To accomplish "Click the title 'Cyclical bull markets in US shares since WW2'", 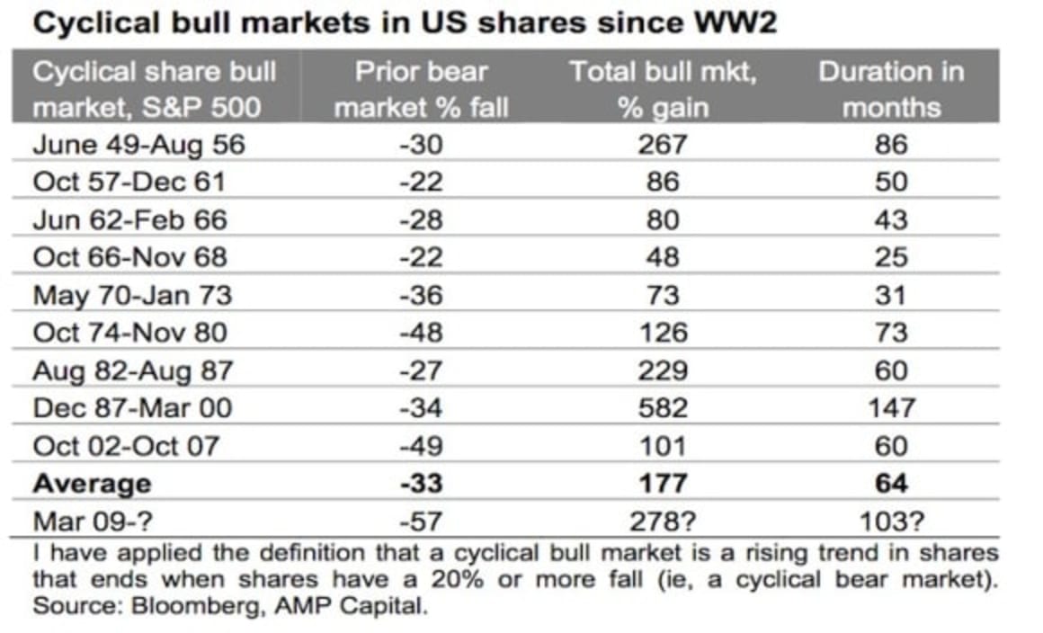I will click(404, 23).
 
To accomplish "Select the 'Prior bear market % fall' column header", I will click(420, 90).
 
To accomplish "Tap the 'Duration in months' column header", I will click(890, 90).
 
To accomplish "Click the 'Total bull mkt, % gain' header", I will click(663, 90).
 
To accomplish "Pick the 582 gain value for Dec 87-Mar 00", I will click(663, 408).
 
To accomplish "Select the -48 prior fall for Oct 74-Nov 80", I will click(420, 333).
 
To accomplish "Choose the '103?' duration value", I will click(892, 522).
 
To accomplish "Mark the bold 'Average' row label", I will click(93, 484).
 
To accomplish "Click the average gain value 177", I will click(663, 484).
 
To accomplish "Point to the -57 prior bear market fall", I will click(420, 522).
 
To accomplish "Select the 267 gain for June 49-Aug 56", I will click(663, 145).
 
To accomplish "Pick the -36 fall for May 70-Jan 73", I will click(420, 295).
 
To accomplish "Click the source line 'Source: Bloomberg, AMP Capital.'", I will click(230, 605).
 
